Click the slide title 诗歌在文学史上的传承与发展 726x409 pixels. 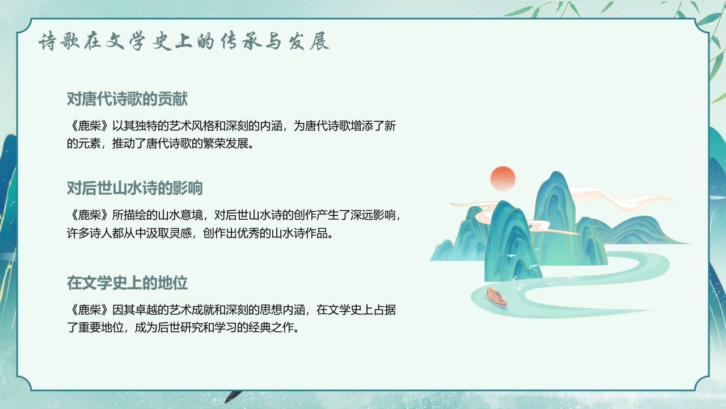184,42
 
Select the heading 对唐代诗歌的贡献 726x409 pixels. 127,99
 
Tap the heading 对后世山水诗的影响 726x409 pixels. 134,188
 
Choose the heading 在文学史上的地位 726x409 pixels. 127,282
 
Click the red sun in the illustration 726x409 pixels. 503,178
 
